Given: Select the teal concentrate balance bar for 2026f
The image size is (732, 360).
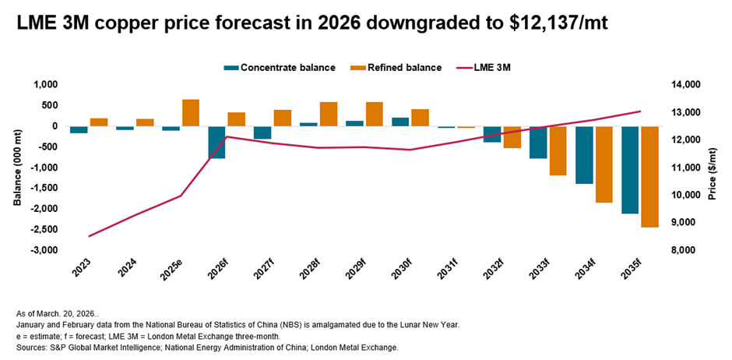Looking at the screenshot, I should click(216, 142).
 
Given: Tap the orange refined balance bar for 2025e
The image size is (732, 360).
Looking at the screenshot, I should click(191, 112).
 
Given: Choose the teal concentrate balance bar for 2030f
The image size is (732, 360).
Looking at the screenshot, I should click(399, 122).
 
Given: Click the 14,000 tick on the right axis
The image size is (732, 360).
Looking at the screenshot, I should click(690, 84).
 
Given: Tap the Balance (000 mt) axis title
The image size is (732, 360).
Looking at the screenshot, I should click(16, 167).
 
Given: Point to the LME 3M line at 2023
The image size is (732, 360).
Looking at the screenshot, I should click(89, 236).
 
